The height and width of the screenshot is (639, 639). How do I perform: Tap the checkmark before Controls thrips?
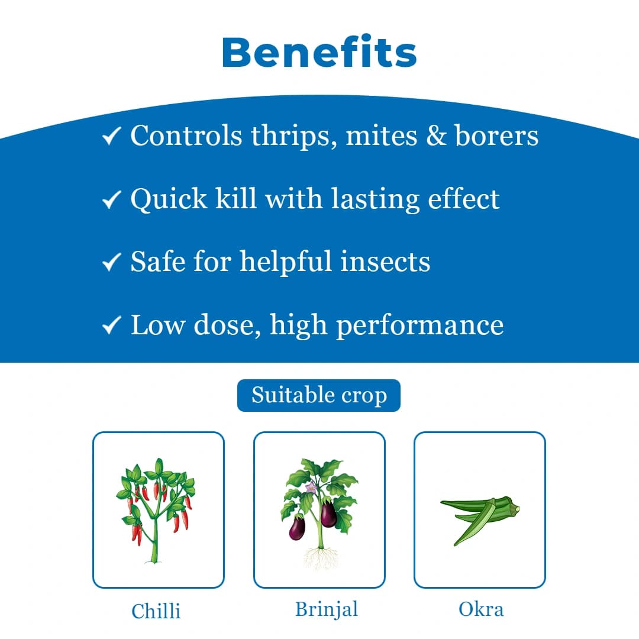[111, 137]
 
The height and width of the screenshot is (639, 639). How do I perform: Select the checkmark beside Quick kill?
[111, 200]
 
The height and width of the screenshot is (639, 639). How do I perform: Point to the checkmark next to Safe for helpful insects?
[111, 263]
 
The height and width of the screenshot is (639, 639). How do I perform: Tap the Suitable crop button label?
[319, 395]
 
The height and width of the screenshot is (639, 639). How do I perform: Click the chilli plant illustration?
[157, 509]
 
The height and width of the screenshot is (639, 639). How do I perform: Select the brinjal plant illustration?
[319, 509]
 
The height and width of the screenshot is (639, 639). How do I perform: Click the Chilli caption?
[157, 611]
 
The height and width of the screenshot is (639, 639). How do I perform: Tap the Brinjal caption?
[327, 609]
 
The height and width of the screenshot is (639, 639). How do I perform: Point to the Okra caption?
[480, 609]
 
